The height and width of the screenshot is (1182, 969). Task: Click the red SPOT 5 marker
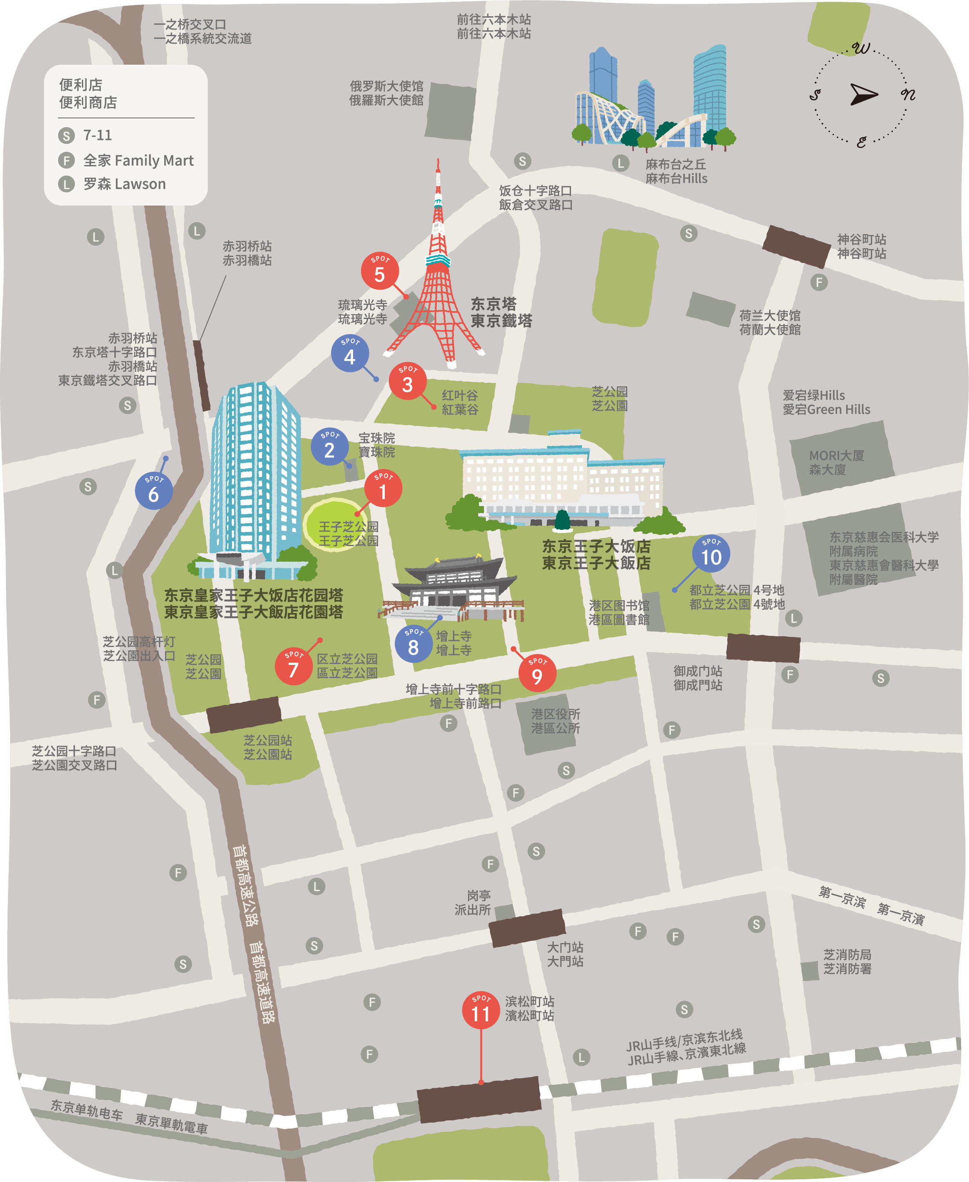click(379, 271)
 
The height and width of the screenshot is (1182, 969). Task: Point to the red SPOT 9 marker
click(537, 673)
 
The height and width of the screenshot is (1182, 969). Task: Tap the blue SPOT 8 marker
click(413, 644)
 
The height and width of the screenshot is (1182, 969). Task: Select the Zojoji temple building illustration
click(453, 588)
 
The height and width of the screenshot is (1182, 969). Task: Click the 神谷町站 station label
click(861, 246)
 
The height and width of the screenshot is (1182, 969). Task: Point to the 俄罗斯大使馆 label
click(386, 93)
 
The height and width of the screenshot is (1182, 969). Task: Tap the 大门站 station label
click(565, 954)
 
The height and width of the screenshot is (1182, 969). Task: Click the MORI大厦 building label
click(836, 463)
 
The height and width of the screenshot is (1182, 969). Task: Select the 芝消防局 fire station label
click(847, 962)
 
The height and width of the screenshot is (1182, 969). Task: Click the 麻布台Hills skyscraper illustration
click(653, 100)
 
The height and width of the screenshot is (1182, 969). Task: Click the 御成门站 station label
click(697, 678)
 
